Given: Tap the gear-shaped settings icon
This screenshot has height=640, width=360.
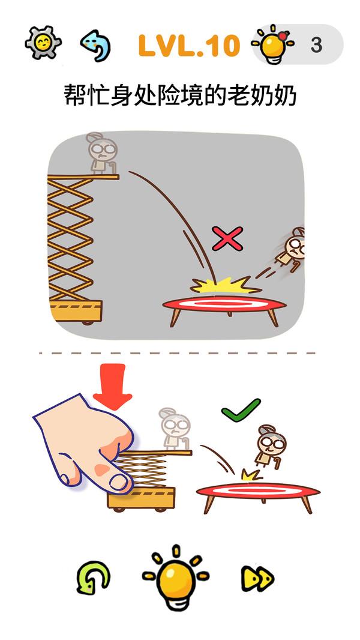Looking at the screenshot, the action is click(x=43, y=42).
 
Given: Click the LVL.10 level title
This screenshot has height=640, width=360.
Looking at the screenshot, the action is click(x=189, y=45).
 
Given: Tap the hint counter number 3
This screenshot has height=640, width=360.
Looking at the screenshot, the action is click(x=316, y=45).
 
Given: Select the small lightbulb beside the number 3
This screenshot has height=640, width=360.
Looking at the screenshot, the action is click(x=273, y=44).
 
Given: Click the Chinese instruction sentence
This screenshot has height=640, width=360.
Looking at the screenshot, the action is click(x=180, y=96).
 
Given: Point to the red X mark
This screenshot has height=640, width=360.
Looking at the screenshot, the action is click(x=227, y=239).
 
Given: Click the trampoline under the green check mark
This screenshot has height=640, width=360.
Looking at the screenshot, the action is click(x=258, y=494).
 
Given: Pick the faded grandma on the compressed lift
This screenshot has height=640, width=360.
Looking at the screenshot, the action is click(x=175, y=429).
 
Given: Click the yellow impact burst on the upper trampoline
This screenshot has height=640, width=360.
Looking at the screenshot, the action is click(x=225, y=285).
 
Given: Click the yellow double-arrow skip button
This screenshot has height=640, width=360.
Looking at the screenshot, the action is click(x=257, y=578).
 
